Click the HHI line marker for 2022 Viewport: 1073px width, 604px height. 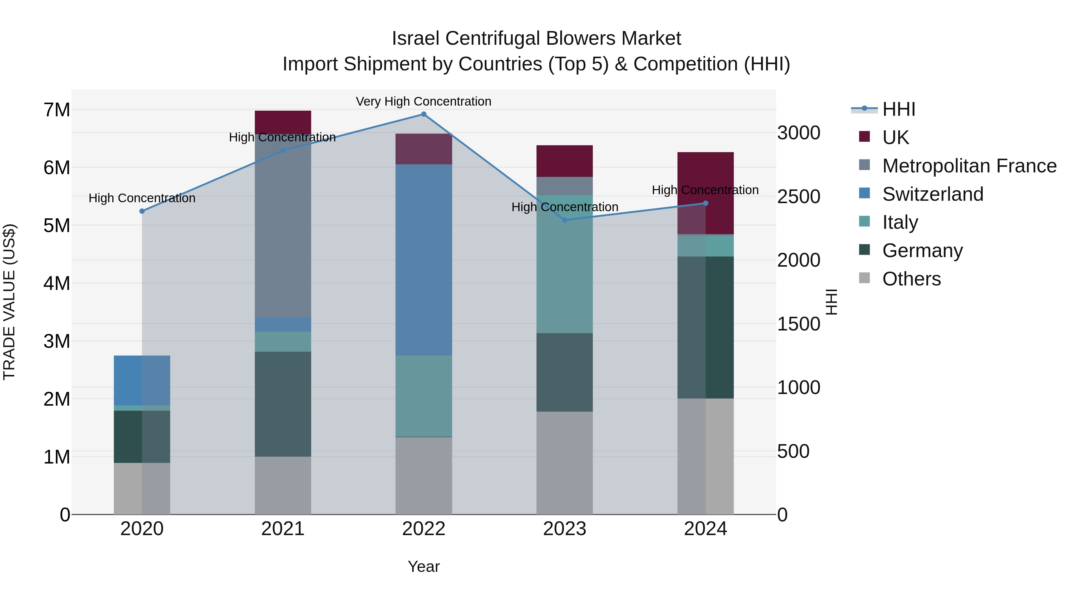pyautogui.click(x=424, y=114)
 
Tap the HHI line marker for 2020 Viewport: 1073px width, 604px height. pyautogui.click(x=142, y=211)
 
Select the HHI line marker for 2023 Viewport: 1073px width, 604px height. pyautogui.click(x=565, y=220)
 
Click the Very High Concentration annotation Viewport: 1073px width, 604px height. pyautogui.click(x=423, y=102)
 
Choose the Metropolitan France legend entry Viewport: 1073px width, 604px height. pyautogui.click(x=969, y=166)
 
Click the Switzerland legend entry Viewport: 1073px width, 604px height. pyautogui.click(x=933, y=194)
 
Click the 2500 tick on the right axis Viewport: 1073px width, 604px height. pyautogui.click(x=798, y=197)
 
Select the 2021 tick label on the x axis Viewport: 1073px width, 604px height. pyautogui.click(x=283, y=529)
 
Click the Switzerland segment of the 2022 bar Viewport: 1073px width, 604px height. pyautogui.click(x=424, y=260)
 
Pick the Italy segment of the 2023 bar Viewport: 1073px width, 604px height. pyautogui.click(x=565, y=264)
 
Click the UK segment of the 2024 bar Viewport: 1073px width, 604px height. pyautogui.click(x=705, y=193)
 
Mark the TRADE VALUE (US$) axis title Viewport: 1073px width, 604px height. pyautogui.click(x=9, y=302)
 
